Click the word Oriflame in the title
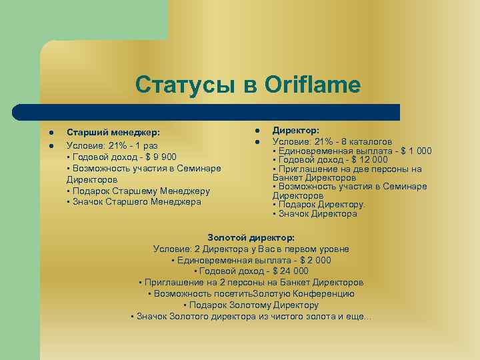312,85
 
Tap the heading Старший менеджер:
113,133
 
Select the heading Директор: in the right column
296,131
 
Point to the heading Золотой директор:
251,238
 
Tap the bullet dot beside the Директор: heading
255,131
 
